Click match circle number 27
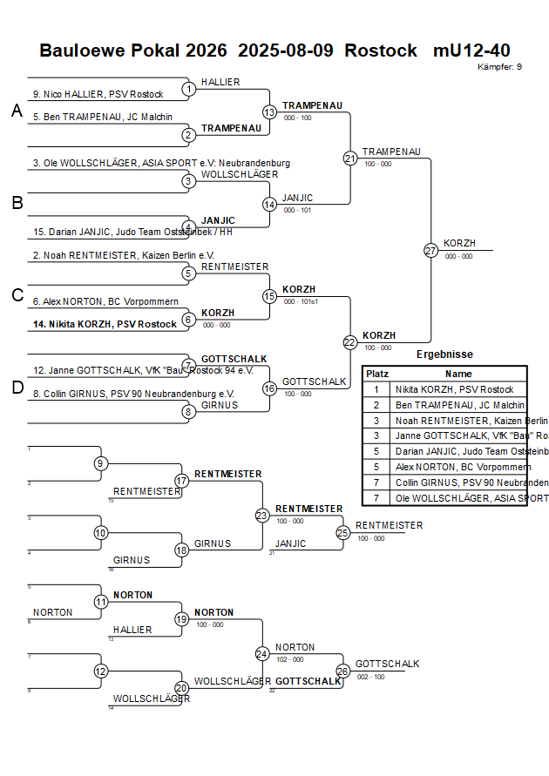click(430, 250)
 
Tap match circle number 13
click(269, 111)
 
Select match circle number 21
click(350, 158)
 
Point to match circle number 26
click(343, 671)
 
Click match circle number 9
click(101, 463)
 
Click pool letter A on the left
click(17, 111)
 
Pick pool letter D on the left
click(17, 388)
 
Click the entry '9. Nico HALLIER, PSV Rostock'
click(98, 94)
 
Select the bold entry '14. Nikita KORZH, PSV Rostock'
click(105, 324)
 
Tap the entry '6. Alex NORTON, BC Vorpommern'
click(105, 301)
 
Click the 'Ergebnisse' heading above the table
click(444, 354)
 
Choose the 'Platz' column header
click(377, 373)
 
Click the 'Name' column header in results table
click(458, 373)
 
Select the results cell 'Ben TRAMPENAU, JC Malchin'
click(459, 405)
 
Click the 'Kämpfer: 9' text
click(500, 66)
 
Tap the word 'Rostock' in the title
click(381, 51)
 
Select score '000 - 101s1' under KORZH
click(301, 302)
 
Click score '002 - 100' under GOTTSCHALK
click(370, 677)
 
